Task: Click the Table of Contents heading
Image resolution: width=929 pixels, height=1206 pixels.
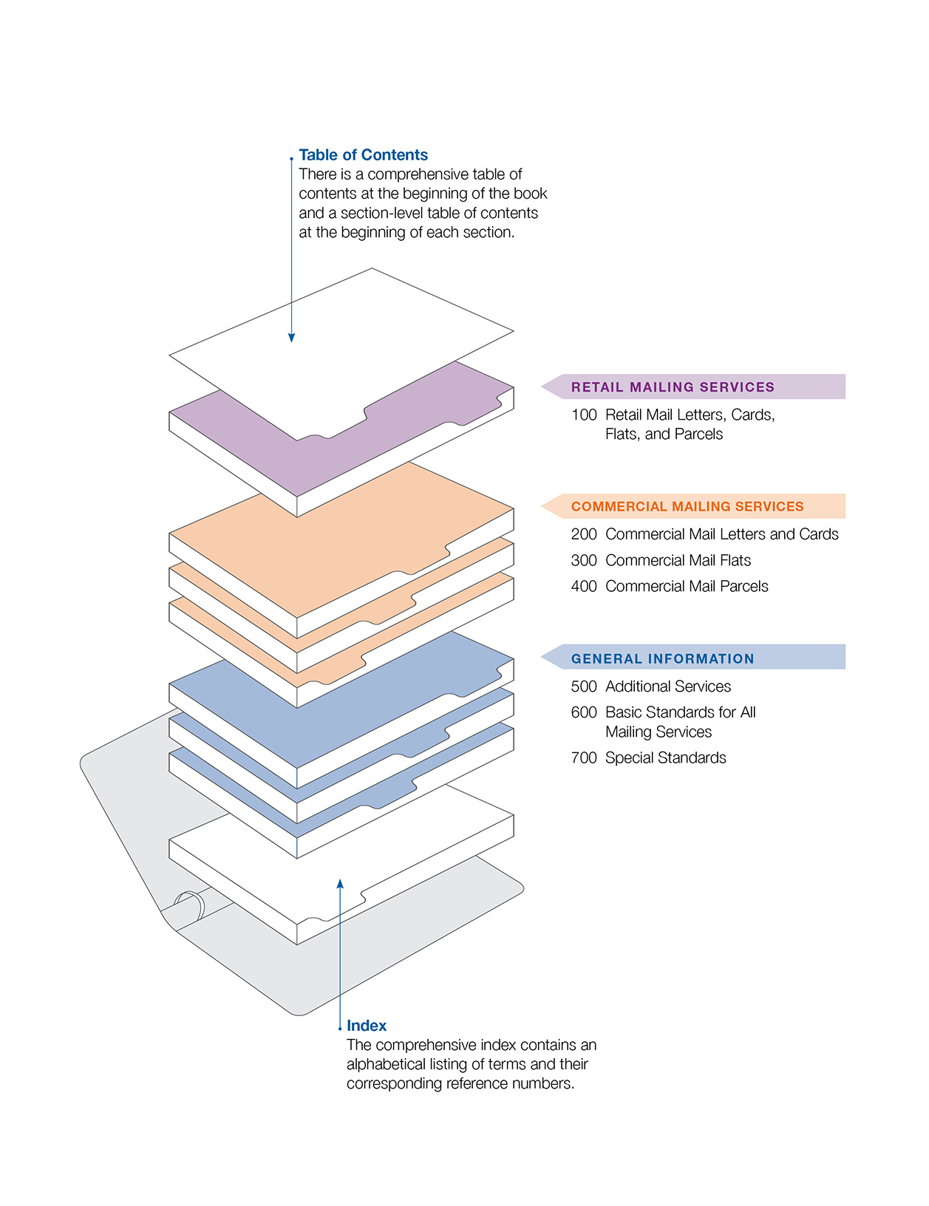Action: coord(363,155)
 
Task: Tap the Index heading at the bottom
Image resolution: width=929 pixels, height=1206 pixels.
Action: coord(367,1026)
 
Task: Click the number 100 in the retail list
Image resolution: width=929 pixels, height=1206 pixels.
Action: coord(584,415)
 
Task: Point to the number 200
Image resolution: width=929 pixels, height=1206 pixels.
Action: coord(584,534)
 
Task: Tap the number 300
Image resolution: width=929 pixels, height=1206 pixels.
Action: coord(584,561)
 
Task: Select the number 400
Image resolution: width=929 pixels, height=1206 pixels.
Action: coord(584,587)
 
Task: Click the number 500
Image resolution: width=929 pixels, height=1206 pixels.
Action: coord(584,687)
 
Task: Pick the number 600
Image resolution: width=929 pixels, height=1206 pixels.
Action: coord(584,712)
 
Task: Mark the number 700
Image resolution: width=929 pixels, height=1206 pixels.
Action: coord(584,758)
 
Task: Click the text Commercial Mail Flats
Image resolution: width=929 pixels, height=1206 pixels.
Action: coord(678,561)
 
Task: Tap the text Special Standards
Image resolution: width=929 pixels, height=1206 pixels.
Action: coord(665,758)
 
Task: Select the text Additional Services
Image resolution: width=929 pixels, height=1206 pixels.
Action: coord(668,687)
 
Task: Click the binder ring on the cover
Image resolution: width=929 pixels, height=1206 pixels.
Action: coord(190,906)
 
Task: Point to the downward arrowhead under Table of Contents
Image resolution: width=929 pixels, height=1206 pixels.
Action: coord(292,337)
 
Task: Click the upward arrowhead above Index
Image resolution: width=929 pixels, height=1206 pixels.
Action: coord(340,884)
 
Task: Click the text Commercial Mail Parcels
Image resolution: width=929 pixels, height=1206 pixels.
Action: coord(687,587)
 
